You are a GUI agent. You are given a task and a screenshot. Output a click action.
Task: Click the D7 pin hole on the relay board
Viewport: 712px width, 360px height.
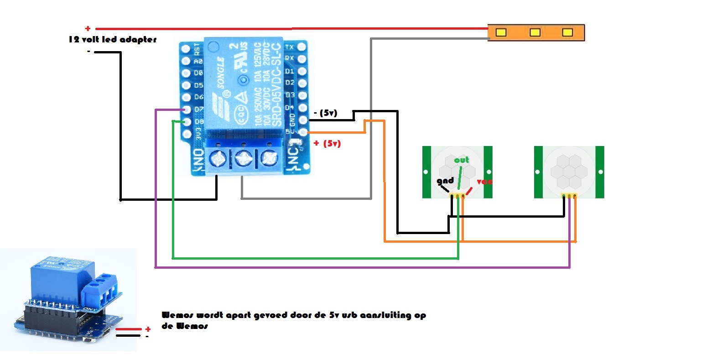tap(186, 110)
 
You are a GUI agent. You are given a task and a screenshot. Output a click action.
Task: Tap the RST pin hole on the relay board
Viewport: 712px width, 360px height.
tap(186, 48)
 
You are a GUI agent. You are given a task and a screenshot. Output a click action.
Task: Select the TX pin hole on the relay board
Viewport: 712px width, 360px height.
tap(301, 47)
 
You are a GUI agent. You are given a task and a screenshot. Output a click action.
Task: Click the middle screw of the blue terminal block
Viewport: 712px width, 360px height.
tap(244, 159)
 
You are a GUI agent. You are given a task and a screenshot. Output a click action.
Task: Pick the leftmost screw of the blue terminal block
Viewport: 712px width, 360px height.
tap(218, 159)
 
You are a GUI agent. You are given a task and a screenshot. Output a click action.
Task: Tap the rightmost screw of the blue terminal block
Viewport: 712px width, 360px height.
tap(270, 159)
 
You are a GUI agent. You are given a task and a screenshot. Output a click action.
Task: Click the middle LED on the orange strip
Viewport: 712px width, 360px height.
tap(535, 32)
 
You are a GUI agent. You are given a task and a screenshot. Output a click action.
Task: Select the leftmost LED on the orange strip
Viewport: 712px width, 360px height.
tap(501, 32)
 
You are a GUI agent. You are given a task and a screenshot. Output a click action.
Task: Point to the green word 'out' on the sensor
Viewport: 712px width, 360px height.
tap(461, 160)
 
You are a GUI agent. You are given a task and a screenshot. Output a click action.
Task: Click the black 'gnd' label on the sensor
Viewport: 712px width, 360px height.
tap(445, 181)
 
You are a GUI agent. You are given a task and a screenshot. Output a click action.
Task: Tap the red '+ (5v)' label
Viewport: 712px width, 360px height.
tap(327, 144)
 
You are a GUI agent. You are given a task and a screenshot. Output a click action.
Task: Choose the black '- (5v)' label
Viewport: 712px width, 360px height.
tap(326, 113)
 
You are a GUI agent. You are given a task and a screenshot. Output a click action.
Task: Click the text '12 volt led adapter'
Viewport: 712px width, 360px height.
tap(113, 40)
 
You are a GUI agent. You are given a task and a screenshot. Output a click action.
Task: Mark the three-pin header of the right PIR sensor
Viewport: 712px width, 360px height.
tap(569, 196)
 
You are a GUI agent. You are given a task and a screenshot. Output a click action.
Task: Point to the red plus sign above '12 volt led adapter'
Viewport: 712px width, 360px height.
tap(88, 29)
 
